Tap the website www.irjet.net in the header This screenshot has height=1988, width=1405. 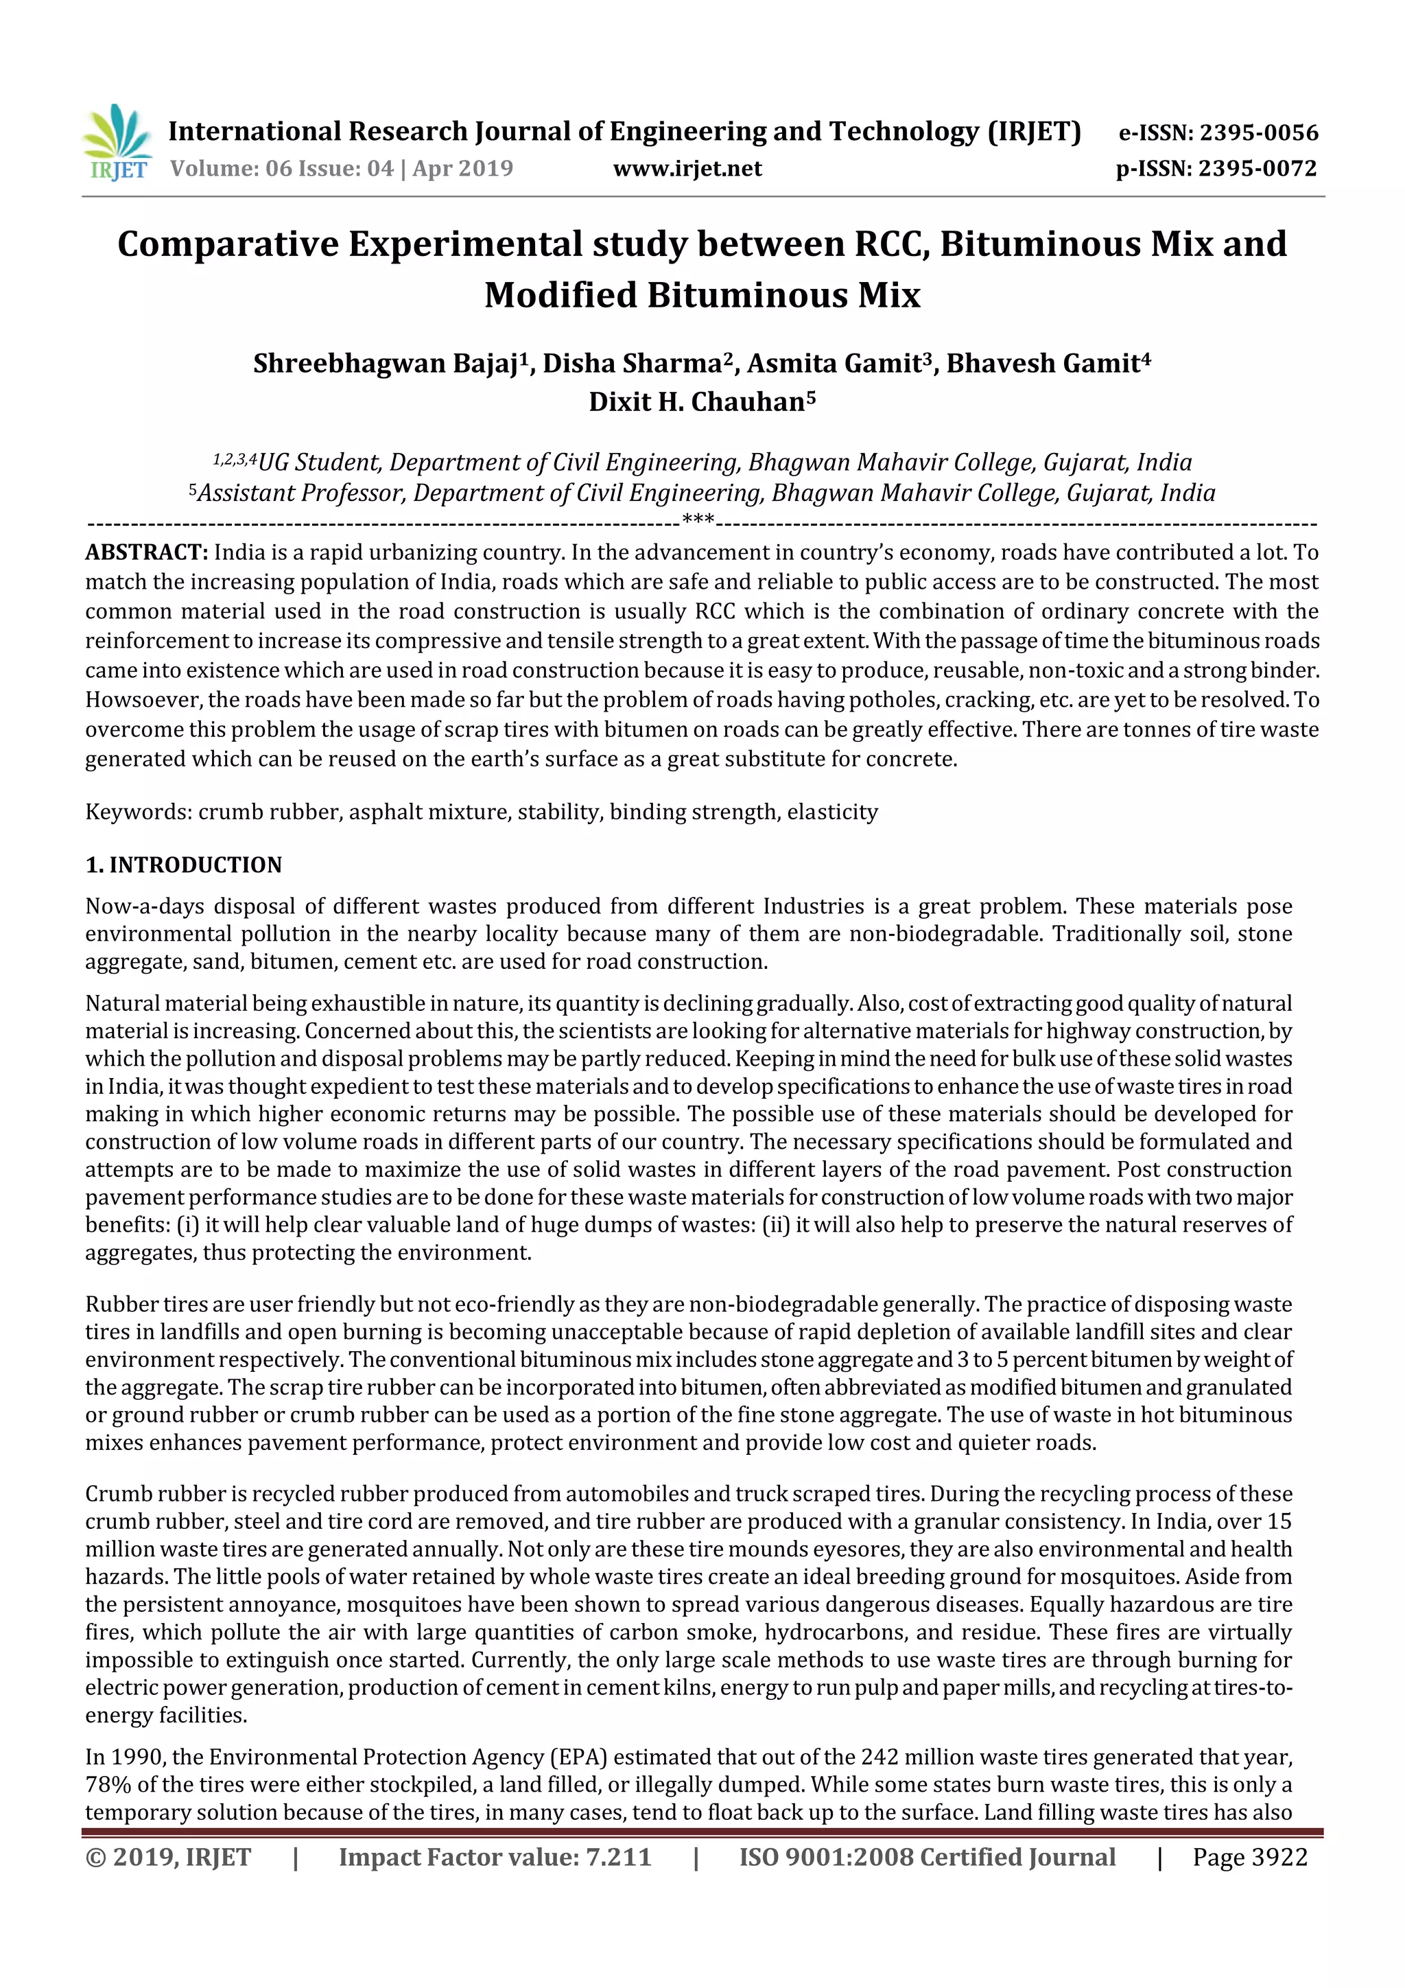(x=687, y=168)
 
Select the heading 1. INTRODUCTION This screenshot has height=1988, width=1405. (x=184, y=865)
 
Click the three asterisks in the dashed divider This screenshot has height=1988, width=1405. (x=698, y=522)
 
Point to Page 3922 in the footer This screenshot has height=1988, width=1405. (x=1249, y=1856)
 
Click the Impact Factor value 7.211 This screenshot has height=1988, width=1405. (x=617, y=1856)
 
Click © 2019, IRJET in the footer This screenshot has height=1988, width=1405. (x=168, y=1856)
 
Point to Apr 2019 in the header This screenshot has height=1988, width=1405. (x=462, y=168)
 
